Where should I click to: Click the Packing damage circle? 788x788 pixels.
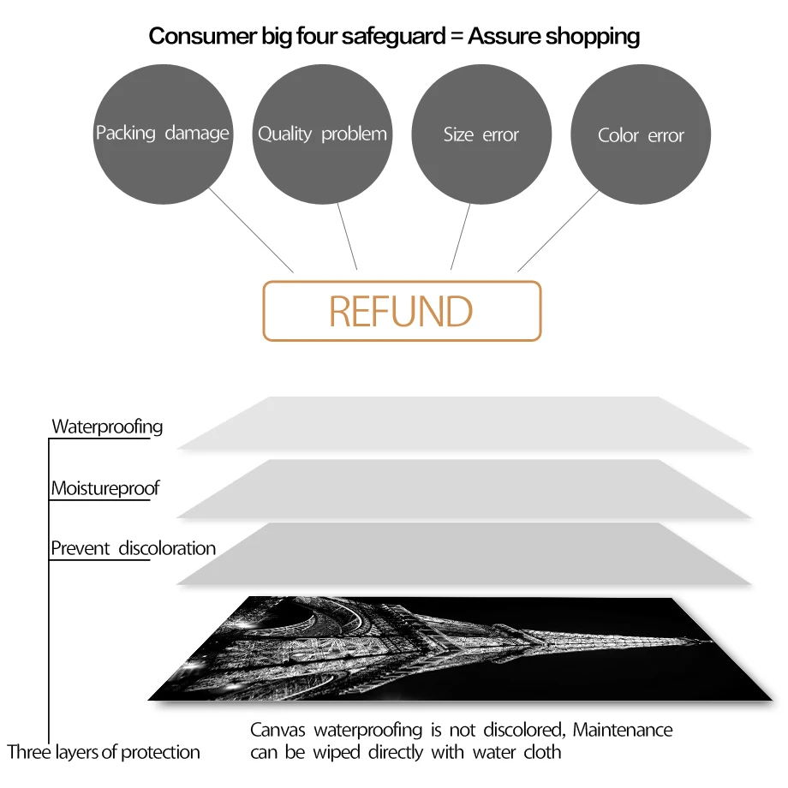tap(162, 134)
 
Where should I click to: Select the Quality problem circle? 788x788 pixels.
tap(322, 134)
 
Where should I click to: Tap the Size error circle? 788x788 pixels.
tap(481, 134)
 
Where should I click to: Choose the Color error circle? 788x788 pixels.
tap(641, 135)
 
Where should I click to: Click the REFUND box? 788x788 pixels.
tap(402, 311)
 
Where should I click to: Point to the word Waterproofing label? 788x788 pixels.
tap(107, 427)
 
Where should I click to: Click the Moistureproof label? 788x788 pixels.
tap(104, 489)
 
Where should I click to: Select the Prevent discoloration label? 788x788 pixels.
tap(133, 548)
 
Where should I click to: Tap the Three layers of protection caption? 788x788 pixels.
tap(104, 753)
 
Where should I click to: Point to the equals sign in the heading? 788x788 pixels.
tap(452, 36)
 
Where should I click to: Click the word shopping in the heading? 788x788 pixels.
tap(593, 36)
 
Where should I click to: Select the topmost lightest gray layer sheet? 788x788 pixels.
tap(463, 424)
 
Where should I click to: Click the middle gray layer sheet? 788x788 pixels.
tap(463, 488)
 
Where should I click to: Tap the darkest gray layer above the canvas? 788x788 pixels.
tap(463, 554)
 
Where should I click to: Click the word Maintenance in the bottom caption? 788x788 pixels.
tap(623, 731)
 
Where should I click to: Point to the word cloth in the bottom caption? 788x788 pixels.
tap(542, 753)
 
